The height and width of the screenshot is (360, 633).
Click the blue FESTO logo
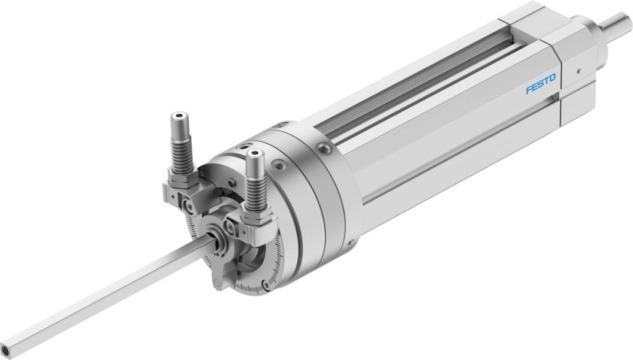[x=541, y=84]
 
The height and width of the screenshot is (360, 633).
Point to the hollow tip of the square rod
[x=7, y=347]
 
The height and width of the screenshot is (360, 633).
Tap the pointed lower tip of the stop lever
[x=218, y=284]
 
